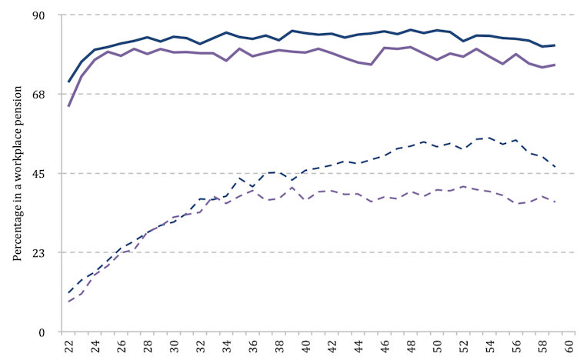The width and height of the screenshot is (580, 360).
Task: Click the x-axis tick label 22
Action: pos(69,347)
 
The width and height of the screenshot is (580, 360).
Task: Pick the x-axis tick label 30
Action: pos(175,347)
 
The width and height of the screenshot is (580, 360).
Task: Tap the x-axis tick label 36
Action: pos(253,347)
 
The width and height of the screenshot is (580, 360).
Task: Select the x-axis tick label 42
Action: pos(332,347)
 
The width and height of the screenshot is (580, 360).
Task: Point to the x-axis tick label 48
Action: pos(411,347)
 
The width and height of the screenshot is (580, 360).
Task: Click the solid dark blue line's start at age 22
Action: pos(68,82)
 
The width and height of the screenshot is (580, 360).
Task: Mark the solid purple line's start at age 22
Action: pos(68,106)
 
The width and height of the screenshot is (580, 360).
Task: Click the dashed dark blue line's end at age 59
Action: pos(555,167)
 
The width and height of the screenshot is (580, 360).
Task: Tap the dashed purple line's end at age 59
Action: pos(555,202)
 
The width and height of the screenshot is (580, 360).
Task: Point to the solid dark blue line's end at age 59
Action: pos(555,45)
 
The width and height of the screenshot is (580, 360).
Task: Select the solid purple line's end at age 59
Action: pos(555,65)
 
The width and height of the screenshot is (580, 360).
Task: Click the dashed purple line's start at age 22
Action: pos(68,302)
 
